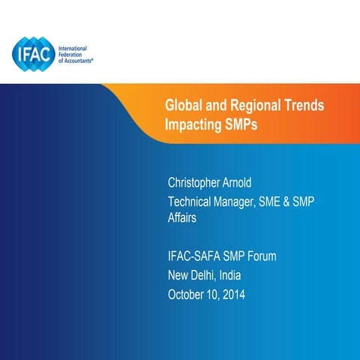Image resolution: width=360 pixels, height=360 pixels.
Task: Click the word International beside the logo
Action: (x=75, y=47)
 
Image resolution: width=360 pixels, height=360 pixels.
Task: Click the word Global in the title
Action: (x=183, y=106)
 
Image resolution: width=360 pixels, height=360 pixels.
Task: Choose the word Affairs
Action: (x=184, y=217)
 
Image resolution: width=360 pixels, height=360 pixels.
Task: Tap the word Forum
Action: (x=261, y=256)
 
